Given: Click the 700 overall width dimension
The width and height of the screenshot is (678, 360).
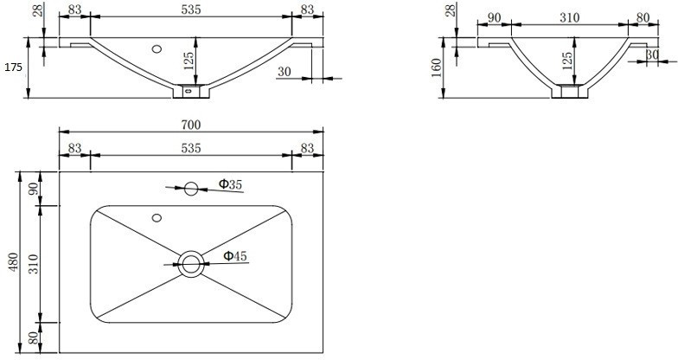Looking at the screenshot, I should tap(191, 125).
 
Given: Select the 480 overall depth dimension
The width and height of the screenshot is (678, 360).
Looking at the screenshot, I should tap(13, 261).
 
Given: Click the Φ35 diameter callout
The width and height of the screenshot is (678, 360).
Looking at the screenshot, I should tap(229, 183).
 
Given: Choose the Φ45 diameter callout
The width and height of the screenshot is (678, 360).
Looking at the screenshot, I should tap(234, 255).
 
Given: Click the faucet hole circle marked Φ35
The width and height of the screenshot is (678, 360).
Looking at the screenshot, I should tap(191, 187).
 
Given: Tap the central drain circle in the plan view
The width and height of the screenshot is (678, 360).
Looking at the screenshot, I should tap(191, 264).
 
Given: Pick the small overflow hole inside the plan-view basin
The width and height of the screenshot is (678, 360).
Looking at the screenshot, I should tap(157, 217).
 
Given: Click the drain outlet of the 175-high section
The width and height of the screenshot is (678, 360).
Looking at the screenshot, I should tap(191, 88).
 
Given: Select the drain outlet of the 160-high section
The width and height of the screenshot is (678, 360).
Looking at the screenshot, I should tap(567, 89).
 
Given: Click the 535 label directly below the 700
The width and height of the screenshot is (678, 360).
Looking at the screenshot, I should tap(191, 148).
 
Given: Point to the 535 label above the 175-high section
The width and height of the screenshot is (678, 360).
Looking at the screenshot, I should tap(191, 10).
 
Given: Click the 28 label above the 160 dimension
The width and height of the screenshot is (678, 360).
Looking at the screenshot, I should tap(449, 12).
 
